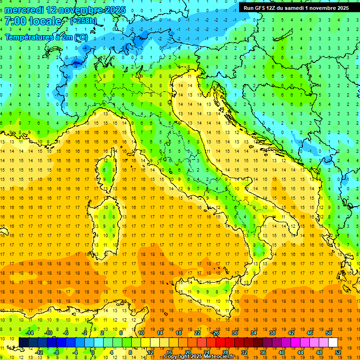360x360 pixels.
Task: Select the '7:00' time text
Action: (x=15, y=21)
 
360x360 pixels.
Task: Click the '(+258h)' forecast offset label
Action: (x=83, y=21)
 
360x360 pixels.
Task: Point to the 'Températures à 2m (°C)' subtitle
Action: (x=46, y=37)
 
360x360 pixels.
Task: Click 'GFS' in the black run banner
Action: (x=263, y=8)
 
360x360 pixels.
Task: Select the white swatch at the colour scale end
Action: (x=333, y=342)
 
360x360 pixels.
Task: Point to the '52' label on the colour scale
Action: (x=338, y=352)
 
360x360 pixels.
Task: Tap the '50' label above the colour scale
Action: (x=329, y=333)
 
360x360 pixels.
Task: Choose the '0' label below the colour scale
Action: (x=93, y=352)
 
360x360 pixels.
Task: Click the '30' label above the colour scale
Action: (x=235, y=333)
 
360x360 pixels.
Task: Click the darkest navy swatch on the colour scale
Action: (x=23, y=342)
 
